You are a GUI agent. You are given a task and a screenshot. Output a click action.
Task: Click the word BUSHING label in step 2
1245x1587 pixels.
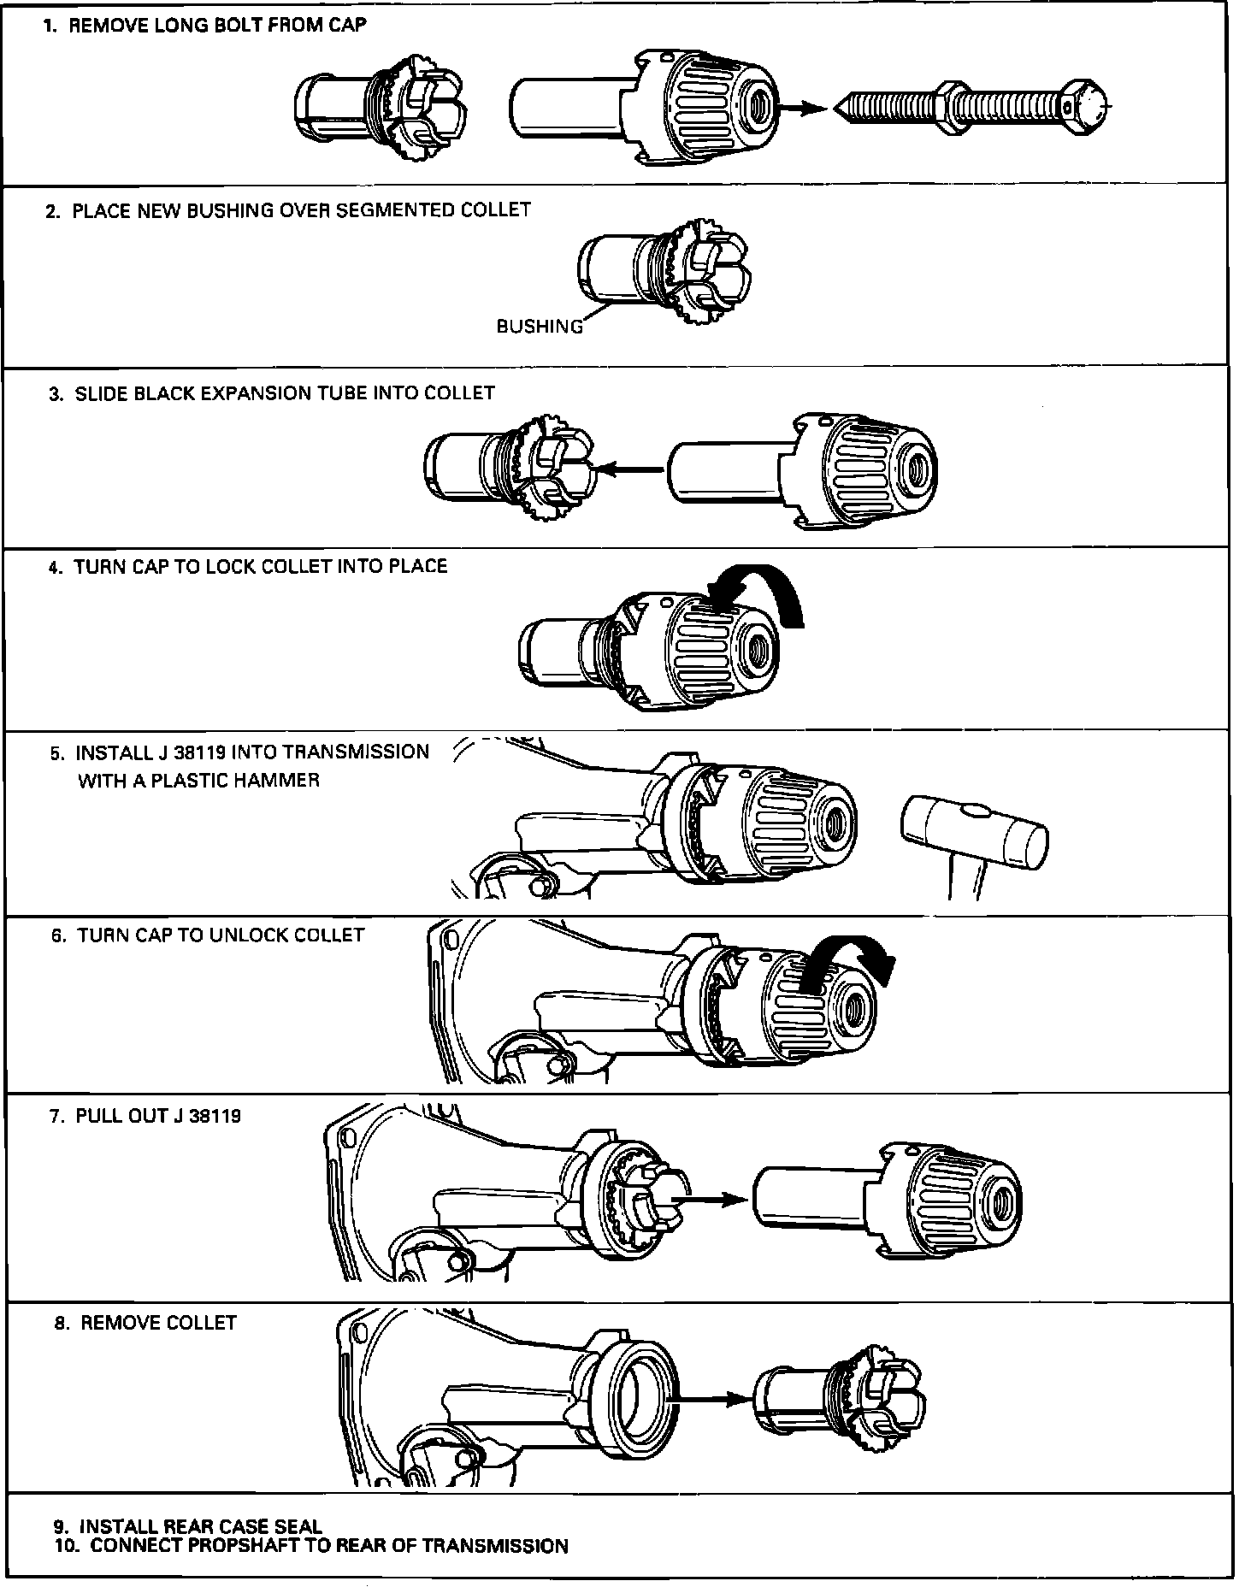(x=540, y=326)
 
